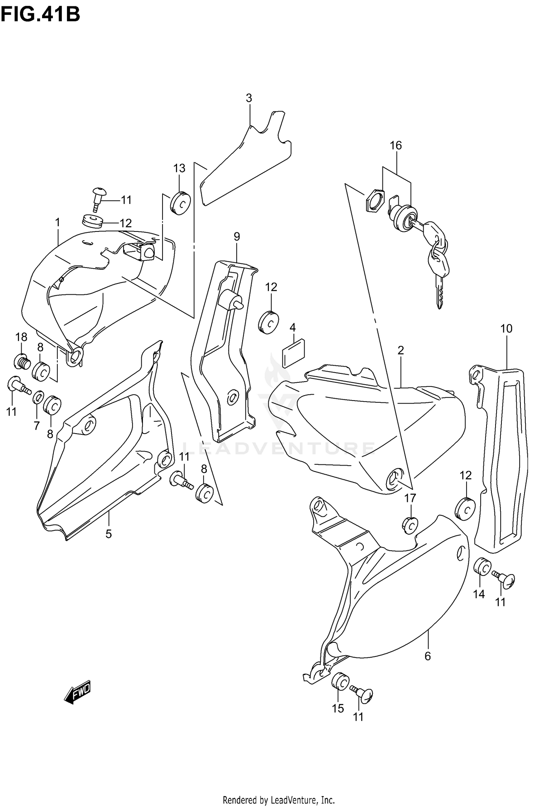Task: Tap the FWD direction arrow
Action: [x=78, y=693]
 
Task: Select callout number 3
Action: [x=249, y=98]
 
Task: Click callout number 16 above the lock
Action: [x=396, y=145]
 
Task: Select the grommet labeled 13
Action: [x=181, y=203]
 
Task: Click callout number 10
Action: [x=506, y=328]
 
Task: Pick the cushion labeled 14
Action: [x=482, y=577]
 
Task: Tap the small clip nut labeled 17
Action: [x=410, y=525]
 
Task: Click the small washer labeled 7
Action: [x=38, y=398]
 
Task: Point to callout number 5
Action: [x=108, y=534]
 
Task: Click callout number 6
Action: [x=427, y=657]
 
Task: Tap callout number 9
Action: [x=237, y=236]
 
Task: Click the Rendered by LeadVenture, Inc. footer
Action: [x=279, y=797]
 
